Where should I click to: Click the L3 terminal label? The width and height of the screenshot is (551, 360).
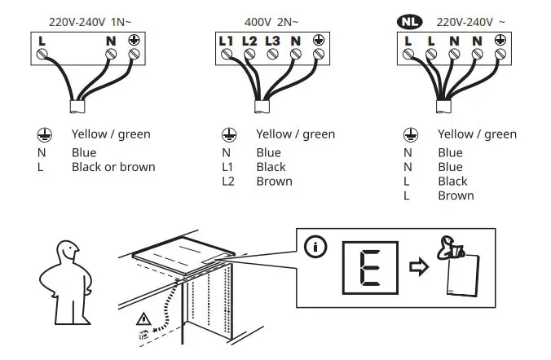click(273, 39)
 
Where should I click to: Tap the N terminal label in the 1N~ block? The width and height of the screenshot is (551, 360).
click(111, 39)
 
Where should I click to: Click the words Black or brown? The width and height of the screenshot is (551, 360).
click(113, 167)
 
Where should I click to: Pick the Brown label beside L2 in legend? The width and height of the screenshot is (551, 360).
click(274, 182)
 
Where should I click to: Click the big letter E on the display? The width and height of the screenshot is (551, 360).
click(369, 267)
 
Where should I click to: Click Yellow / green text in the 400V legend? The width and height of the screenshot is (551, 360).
click(295, 134)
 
